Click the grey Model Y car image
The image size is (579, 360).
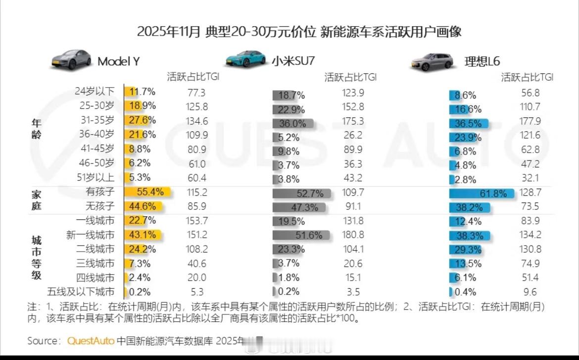tap(72, 59)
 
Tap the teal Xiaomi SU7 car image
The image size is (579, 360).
tap(246, 59)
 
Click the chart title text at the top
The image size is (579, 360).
tap(299, 32)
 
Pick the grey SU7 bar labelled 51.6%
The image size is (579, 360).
tap(301, 236)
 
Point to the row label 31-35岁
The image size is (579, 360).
tap(96, 120)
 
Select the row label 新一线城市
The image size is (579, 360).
tap(90, 235)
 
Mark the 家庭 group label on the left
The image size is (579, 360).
tap(37, 200)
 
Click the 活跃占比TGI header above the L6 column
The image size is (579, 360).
tap(527, 77)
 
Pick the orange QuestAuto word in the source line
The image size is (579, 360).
tap(91, 341)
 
